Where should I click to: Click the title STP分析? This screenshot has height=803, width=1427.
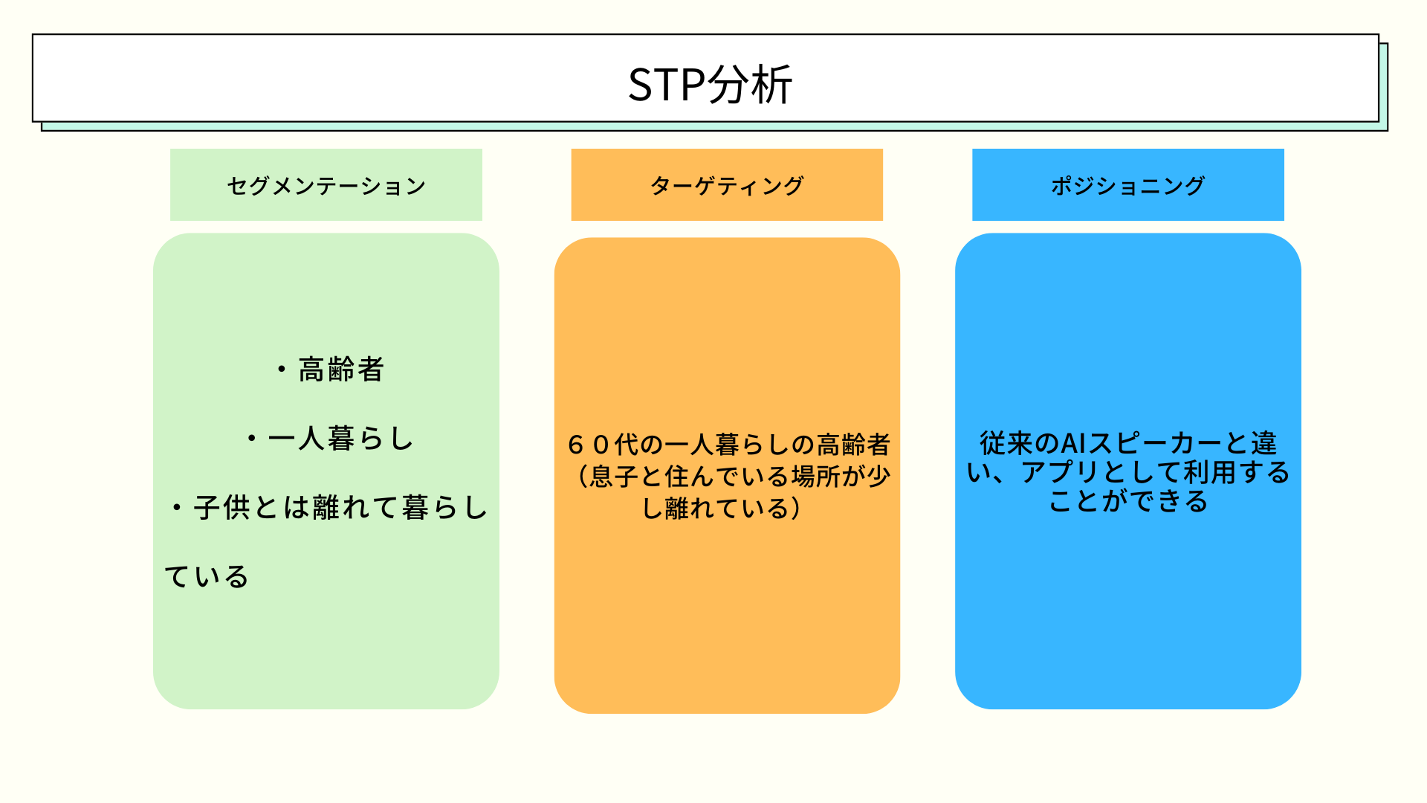click(710, 84)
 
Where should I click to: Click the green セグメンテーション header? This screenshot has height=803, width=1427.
click(326, 185)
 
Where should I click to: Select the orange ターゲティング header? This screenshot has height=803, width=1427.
click(726, 185)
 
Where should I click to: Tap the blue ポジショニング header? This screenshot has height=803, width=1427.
click(1127, 185)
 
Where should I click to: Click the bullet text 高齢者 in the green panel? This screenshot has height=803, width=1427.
click(340, 370)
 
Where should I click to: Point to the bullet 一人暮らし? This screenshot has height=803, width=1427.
click(340, 439)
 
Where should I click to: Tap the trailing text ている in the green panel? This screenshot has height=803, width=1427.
click(207, 577)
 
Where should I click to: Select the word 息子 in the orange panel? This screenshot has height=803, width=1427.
click(614, 477)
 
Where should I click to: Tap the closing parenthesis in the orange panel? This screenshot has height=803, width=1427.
click(796, 509)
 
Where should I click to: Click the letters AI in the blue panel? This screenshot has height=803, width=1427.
click(1073, 444)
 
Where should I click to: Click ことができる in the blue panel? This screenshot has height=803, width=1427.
click(1127, 502)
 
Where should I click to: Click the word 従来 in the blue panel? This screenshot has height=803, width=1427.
click(1007, 444)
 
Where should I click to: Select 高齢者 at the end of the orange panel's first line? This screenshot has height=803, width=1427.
click(853, 445)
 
